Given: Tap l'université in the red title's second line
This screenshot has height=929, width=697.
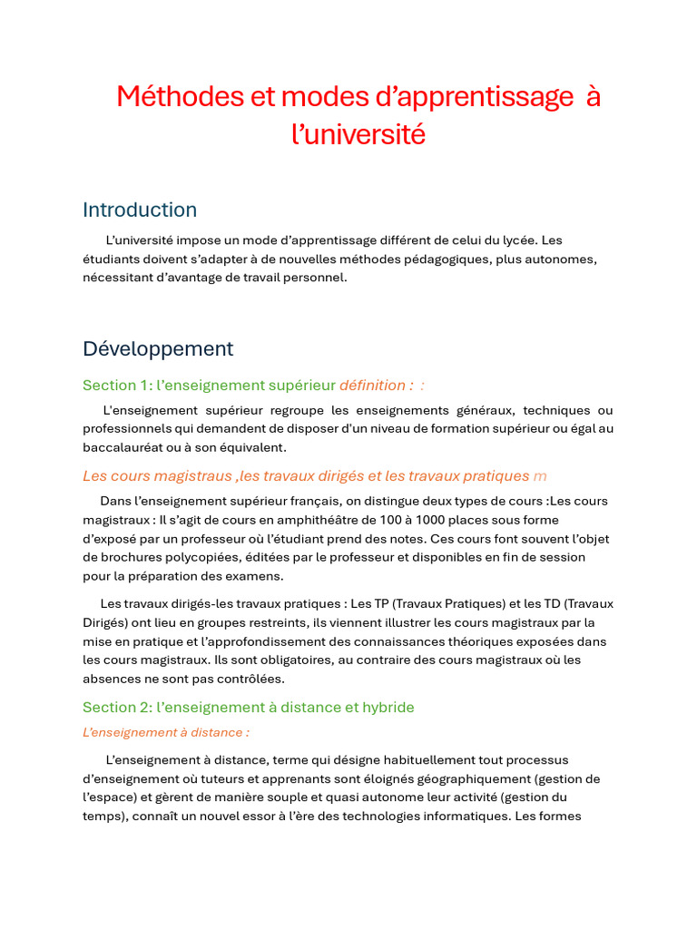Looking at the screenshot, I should point(358,134).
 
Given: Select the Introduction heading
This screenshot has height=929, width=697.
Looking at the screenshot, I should point(140,210).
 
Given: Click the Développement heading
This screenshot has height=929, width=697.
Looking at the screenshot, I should point(158,348).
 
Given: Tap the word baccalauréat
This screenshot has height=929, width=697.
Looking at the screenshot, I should point(121,447).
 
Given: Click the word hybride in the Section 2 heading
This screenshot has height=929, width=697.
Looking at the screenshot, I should point(388,708).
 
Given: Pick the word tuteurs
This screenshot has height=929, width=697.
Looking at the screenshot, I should point(239,779).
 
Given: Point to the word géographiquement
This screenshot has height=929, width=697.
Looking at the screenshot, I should point(471,779).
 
